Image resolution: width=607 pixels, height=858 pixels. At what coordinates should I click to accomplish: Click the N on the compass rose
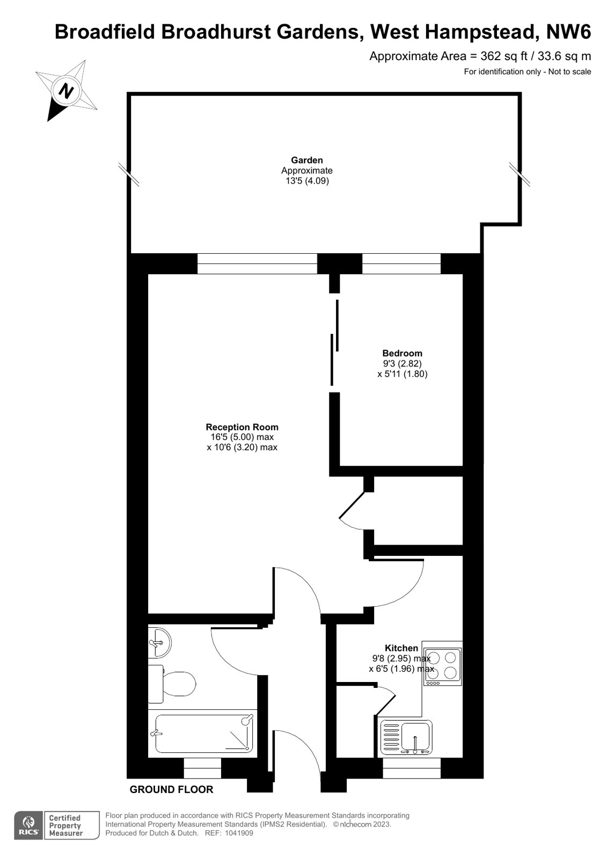pyautogui.click(x=67, y=91)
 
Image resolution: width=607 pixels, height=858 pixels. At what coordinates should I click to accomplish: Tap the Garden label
pyautogui.click(x=306, y=160)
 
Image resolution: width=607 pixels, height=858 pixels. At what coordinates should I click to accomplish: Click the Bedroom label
pyautogui.click(x=402, y=353)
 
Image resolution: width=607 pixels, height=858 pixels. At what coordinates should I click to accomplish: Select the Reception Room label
pyautogui.click(x=242, y=427)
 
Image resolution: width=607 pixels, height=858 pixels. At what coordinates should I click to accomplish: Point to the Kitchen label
pyautogui.click(x=401, y=648)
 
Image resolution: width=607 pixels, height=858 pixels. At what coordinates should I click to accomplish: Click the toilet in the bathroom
pyautogui.click(x=172, y=684)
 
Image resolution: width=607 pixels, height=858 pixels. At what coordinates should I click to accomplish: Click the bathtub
pyautogui.click(x=204, y=734)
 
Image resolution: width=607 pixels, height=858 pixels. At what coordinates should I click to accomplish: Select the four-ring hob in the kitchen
pyautogui.click(x=442, y=666)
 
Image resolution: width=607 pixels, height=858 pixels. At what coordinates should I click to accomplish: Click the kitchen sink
pyautogui.click(x=406, y=737)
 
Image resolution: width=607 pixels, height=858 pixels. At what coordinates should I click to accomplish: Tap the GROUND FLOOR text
pyautogui.click(x=171, y=789)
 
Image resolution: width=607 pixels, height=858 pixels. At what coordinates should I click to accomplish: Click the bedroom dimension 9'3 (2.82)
pyautogui.click(x=403, y=363)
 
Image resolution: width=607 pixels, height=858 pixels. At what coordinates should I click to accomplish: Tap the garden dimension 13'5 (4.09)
pyautogui.click(x=307, y=181)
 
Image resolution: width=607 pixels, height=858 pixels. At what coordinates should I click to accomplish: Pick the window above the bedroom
pyautogui.click(x=401, y=263)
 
